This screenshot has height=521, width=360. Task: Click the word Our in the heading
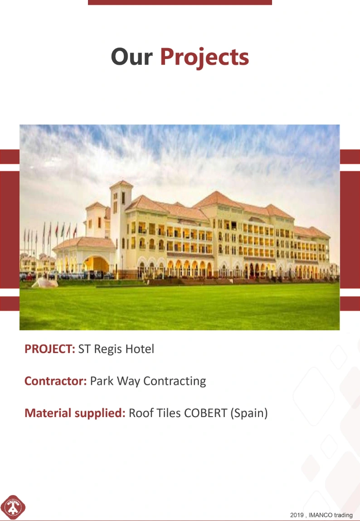coord(131,57)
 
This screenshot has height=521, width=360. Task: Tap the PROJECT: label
coord(50,349)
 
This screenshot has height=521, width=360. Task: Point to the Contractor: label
coord(55,381)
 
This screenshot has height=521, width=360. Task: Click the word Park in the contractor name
coord(102,381)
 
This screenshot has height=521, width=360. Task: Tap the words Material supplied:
coord(75,413)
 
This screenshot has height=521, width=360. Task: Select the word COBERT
coord(205,413)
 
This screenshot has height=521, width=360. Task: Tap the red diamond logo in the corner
coord(13,507)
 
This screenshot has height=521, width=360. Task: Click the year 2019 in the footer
coord(297,515)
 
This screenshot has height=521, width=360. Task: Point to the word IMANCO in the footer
coord(320,515)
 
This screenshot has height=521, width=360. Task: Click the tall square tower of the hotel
coord(121,226)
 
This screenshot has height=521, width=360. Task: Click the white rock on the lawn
coord(44,283)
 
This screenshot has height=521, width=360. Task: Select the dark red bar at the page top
coord(180,2)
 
